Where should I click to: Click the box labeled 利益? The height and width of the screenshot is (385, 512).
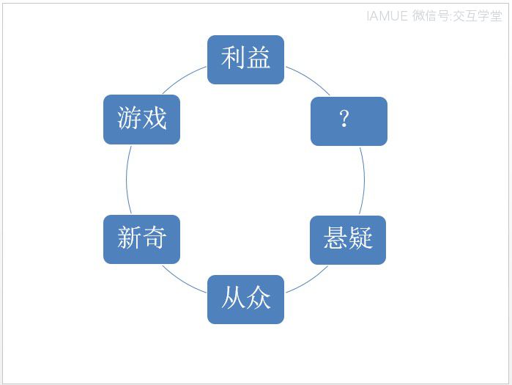[x=245, y=60]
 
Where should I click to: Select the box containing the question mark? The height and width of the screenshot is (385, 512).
[x=349, y=121]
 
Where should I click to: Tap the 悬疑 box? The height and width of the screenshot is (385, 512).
[x=348, y=241]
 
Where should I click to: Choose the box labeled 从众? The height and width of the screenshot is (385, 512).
[x=245, y=300]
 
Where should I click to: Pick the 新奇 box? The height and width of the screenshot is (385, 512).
[x=141, y=240]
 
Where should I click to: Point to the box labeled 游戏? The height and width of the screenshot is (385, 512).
[x=141, y=120]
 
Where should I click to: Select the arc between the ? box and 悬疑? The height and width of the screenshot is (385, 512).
[x=365, y=180]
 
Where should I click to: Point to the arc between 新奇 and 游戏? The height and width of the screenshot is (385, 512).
[x=127, y=180]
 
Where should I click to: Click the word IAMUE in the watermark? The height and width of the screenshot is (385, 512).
[x=387, y=15]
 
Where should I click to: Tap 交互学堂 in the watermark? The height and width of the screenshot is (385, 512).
[x=477, y=15]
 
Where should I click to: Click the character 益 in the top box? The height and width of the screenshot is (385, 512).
[x=259, y=57]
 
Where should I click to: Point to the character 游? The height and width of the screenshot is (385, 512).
[x=129, y=117]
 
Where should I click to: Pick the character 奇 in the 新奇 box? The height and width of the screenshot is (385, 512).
[x=154, y=238]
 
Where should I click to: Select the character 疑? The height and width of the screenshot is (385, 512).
[x=360, y=238]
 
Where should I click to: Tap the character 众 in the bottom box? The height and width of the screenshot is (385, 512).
[x=259, y=297]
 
